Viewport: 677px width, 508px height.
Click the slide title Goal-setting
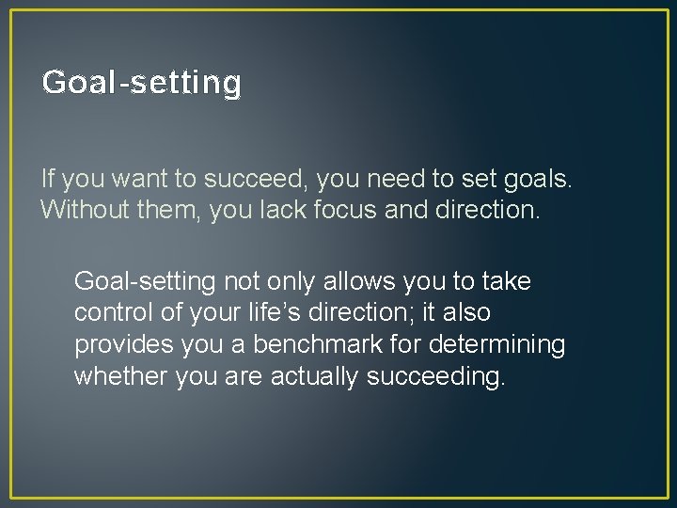click(142, 83)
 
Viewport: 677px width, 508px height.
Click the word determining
click(498, 345)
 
